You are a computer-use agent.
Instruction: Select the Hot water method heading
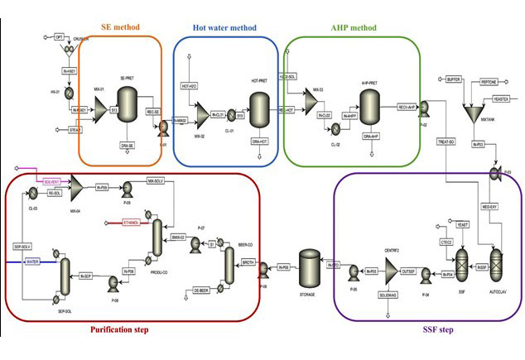point(226,26)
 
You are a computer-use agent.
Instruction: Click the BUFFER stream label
point(452,82)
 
